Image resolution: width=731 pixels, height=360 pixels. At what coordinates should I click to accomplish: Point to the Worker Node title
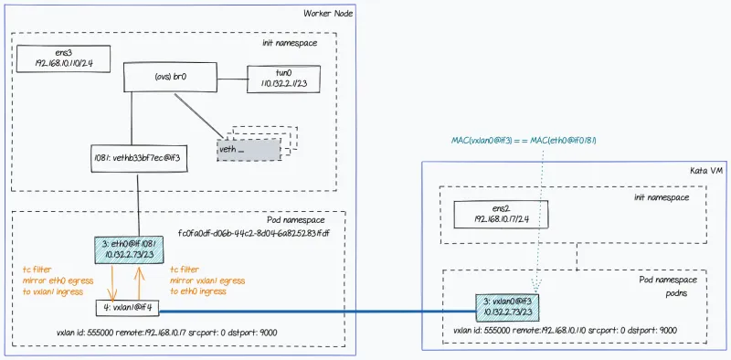pos(327,13)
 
